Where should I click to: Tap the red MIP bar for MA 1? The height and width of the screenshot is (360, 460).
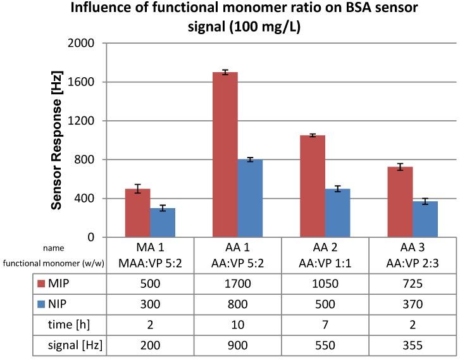coord(137,213)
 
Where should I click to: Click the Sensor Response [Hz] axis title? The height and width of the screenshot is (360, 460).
coord(56,140)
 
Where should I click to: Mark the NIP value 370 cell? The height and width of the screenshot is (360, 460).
coord(413,305)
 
